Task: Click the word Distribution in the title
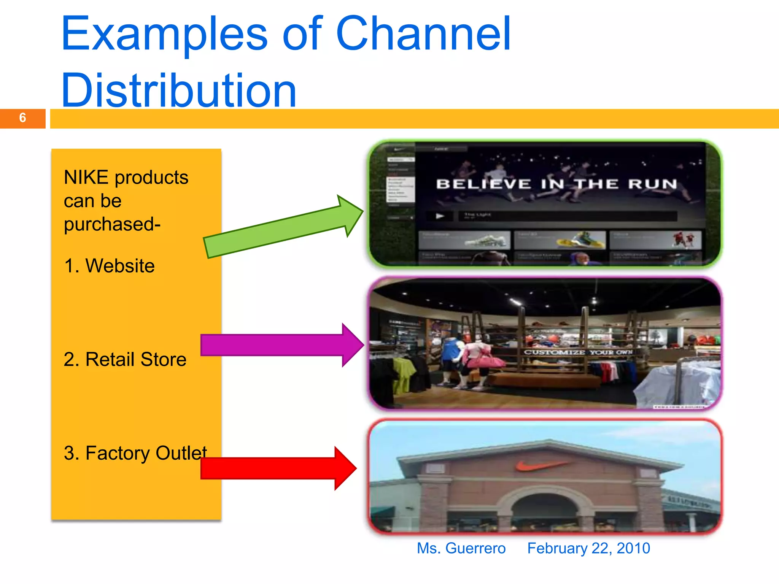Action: (x=179, y=90)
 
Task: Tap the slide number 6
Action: (x=22, y=118)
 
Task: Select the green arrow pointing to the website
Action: (x=281, y=228)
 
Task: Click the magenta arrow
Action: (x=281, y=345)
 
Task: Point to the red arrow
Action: (x=278, y=468)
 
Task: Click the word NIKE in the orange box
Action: (x=86, y=178)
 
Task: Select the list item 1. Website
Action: (x=110, y=265)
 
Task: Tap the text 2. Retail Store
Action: (x=125, y=359)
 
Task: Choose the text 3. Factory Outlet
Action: (x=135, y=453)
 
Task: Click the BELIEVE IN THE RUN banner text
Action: (x=556, y=184)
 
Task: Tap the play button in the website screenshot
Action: (x=440, y=216)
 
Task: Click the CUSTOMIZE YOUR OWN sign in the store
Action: (x=578, y=352)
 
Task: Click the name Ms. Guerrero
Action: (x=461, y=548)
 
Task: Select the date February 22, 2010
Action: (x=588, y=548)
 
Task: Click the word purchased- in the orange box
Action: (x=112, y=224)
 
